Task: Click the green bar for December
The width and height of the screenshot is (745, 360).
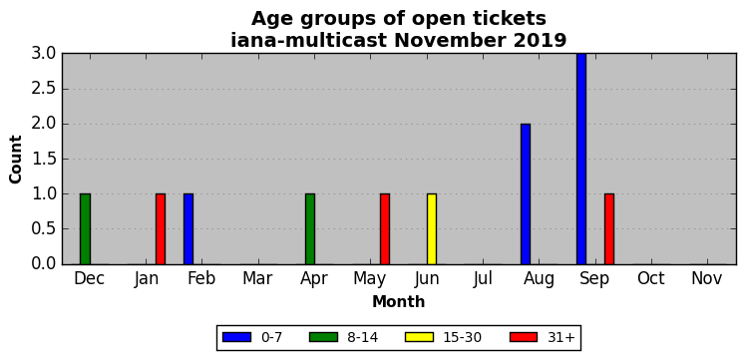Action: pyautogui.click(x=85, y=229)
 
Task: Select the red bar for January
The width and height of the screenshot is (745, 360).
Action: pyautogui.click(x=161, y=229)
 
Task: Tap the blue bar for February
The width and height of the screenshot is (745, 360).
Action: pyautogui.click(x=188, y=229)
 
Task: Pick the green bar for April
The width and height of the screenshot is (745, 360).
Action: pyautogui.click(x=310, y=229)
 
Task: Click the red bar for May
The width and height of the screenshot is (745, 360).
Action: pyautogui.click(x=385, y=229)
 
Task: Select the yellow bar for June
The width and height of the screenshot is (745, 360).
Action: pyautogui.click(x=432, y=229)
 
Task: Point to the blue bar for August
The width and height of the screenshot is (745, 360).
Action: pyautogui.click(x=526, y=193)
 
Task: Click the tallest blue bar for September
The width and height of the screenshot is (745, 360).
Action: pyautogui.click(x=581, y=159)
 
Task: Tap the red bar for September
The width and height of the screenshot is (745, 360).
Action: pyautogui.click(x=609, y=229)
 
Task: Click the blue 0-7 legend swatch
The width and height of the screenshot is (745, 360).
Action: pyautogui.click(x=236, y=337)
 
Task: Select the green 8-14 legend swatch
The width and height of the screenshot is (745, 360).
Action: pyautogui.click(x=323, y=337)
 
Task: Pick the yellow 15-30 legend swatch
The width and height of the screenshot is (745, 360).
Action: pyautogui.click(x=420, y=337)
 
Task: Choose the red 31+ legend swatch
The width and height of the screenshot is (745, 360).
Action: pyautogui.click(x=524, y=337)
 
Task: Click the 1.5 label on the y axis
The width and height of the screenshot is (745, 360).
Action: pyautogui.click(x=44, y=160)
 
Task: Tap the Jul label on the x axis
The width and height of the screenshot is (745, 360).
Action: pyautogui.click(x=483, y=279)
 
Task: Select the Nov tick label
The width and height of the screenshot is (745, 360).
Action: pyautogui.click(x=707, y=279)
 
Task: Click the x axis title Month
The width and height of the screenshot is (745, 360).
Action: pyautogui.click(x=399, y=301)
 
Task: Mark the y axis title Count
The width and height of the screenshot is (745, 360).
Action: pyautogui.click(x=16, y=160)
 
